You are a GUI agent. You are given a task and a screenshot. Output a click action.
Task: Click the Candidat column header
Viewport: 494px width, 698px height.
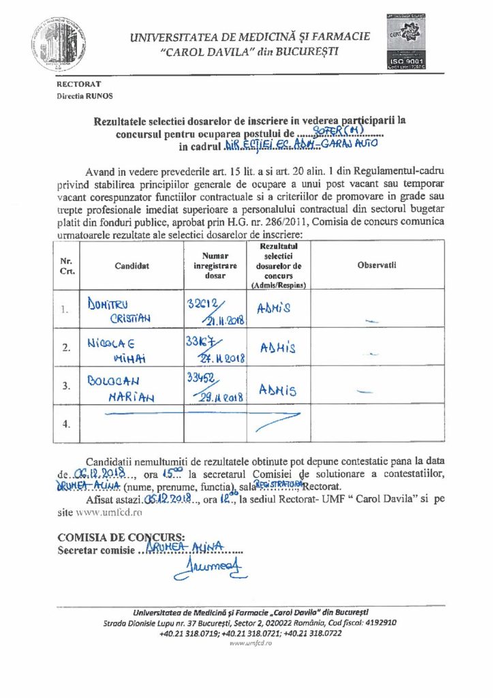[x=132, y=265]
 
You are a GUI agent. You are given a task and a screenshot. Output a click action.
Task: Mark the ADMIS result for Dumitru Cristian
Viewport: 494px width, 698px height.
[x=274, y=308]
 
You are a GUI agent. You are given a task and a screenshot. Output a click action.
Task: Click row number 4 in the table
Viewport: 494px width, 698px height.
[x=66, y=424]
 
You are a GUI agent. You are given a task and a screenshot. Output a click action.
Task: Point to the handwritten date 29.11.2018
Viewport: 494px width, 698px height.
[x=217, y=397]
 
